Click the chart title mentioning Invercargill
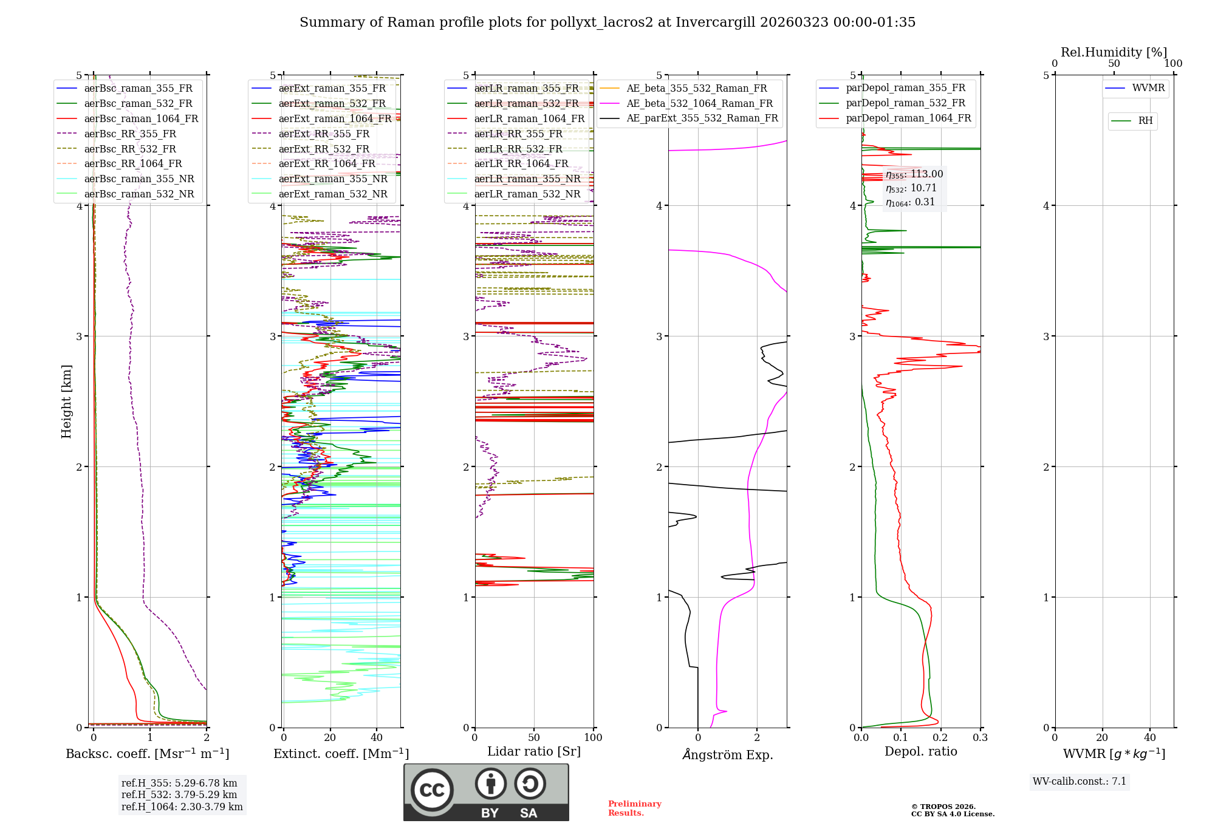pos(607,22)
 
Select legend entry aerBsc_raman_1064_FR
pos(141,119)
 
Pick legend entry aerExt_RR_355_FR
pos(324,134)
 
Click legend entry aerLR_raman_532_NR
pos(527,194)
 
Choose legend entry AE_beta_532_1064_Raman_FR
pos(699,104)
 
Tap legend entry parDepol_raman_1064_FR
pos(908,118)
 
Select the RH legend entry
pos(1145,121)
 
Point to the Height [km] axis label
pos(66,401)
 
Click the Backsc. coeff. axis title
pos(148,754)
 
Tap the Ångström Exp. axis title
pos(728,755)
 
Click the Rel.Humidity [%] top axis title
pos(1114,52)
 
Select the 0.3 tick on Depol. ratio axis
pos(980,738)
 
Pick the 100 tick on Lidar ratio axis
pos(593,738)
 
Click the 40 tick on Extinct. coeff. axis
pos(377,738)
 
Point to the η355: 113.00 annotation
pos(914,174)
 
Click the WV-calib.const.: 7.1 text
pos(1080,782)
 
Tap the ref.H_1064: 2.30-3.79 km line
pos(182,807)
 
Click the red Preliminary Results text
pos(634,808)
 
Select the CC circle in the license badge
pos(432,790)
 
